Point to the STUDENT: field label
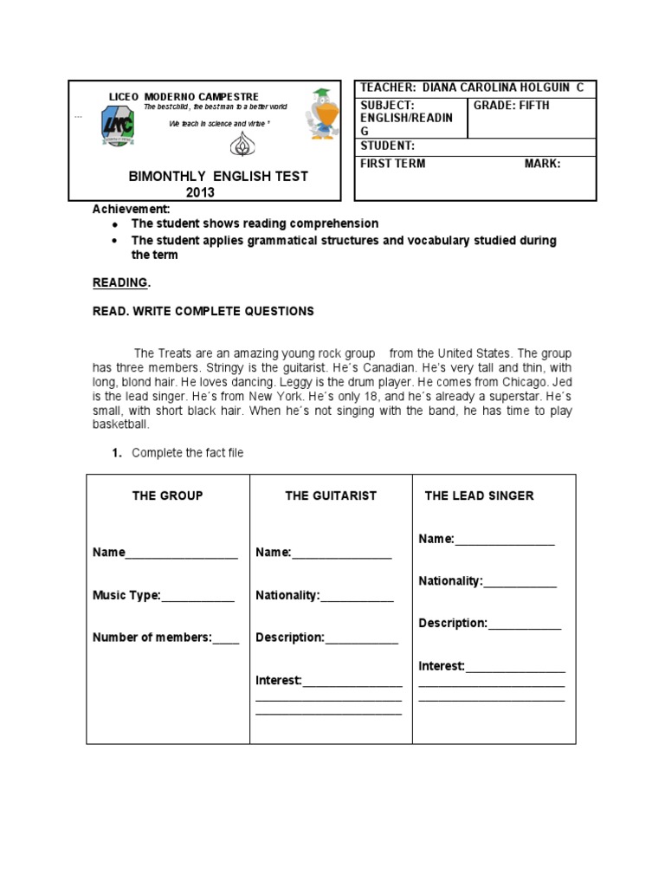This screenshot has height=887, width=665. point(387,146)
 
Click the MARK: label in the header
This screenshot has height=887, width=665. point(542,163)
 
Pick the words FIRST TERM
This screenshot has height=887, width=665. point(393,163)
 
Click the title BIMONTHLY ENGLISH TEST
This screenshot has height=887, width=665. point(217,177)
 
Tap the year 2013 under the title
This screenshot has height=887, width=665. point(200,192)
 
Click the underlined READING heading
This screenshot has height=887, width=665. point(121,282)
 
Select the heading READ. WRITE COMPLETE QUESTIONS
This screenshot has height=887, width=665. point(203,311)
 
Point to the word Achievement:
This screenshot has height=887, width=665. point(132,209)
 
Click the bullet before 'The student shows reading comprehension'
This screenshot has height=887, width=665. point(115,224)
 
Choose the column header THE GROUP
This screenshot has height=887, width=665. point(167,495)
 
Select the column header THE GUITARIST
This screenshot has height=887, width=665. point(331,495)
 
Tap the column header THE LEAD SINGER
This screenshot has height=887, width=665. point(479,495)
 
